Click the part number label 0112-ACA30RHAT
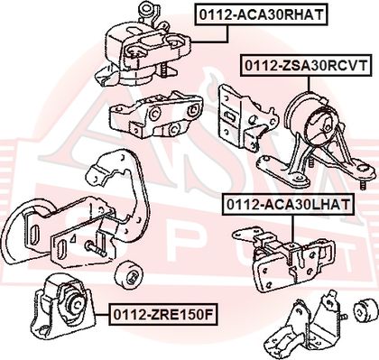pos(261,14)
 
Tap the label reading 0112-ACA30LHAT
pos(288,205)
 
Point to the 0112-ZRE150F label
pos(162,314)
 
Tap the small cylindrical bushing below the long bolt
pos(129,275)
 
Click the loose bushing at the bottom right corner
pos(365,310)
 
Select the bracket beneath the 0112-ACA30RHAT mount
pos(156,115)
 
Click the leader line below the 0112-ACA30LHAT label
pos(292,230)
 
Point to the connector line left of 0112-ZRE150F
pos(102,314)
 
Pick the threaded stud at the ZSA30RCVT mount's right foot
pos(364,184)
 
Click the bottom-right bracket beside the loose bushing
pos(305,327)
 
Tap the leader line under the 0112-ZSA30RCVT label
pos(309,84)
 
